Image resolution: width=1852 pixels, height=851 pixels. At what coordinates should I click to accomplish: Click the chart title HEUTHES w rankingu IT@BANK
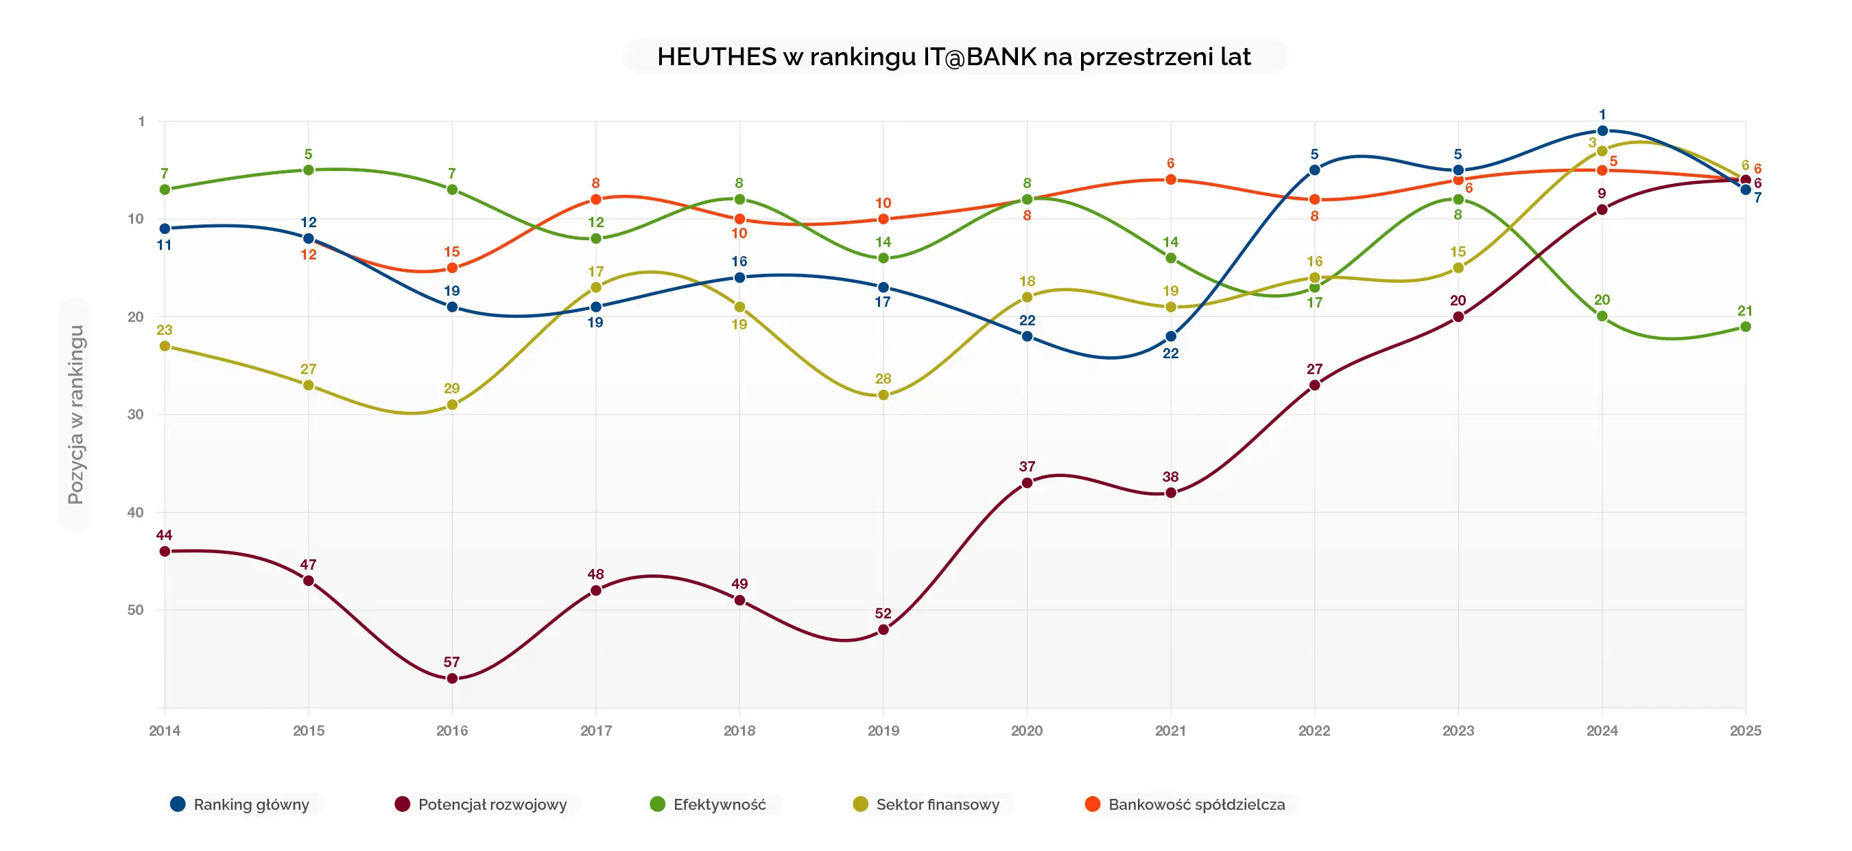coord(953,57)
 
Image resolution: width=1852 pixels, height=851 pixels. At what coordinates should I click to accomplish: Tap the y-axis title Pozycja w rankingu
coord(75,415)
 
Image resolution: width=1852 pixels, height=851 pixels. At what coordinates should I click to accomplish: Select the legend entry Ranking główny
coord(250,804)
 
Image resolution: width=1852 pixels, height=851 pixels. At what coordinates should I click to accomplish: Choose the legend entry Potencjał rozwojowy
coord(492,804)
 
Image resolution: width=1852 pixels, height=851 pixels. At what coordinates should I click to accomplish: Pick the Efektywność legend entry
coord(719,804)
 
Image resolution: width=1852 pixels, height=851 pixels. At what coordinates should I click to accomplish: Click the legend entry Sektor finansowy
coord(937,804)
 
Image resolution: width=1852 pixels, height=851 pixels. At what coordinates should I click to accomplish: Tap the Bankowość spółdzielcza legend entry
coord(1196,804)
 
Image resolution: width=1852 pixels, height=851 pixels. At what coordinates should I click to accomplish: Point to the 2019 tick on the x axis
coord(883,731)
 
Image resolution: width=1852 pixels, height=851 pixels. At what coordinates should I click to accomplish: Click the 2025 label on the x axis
coord(1745,731)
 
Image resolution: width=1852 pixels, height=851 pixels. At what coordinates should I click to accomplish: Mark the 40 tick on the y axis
coord(135,512)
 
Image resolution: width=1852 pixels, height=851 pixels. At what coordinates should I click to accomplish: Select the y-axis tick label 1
coord(141,121)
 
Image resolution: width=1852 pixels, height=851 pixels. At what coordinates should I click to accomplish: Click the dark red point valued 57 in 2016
coord(452,678)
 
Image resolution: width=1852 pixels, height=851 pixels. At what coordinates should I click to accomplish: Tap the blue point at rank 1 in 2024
coord(1602,131)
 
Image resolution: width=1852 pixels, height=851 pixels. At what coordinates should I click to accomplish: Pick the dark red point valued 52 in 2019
coord(883,629)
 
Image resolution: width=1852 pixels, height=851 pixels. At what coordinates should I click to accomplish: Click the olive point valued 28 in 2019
coord(883,395)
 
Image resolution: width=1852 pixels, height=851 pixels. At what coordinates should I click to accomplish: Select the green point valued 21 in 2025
coord(1745,327)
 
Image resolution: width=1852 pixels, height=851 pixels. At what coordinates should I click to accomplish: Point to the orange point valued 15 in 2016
coord(452,268)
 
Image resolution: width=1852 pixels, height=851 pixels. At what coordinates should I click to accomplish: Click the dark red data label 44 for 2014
coord(164,535)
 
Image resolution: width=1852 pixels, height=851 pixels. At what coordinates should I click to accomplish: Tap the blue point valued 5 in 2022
coord(1314,170)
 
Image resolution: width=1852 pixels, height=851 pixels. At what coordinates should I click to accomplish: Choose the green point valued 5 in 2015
coord(309,170)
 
